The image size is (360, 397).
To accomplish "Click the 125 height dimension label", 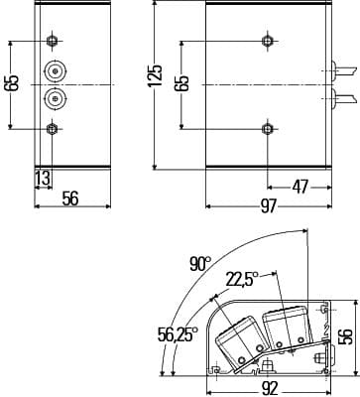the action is pyautogui.click(x=156, y=75).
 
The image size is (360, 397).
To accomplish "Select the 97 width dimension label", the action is pyautogui.click(x=268, y=206).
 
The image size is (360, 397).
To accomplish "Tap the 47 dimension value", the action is pyautogui.click(x=300, y=188).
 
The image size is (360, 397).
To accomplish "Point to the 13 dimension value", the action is pyautogui.click(x=43, y=179).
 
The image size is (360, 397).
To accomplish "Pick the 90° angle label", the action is pyautogui.click(x=199, y=264).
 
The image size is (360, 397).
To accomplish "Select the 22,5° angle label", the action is pyautogui.click(x=242, y=279).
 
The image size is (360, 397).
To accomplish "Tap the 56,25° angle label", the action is pyautogui.click(x=178, y=334).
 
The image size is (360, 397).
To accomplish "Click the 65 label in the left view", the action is pyautogui.click(x=12, y=83).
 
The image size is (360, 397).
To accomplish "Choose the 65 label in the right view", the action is pyautogui.click(x=182, y=83).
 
